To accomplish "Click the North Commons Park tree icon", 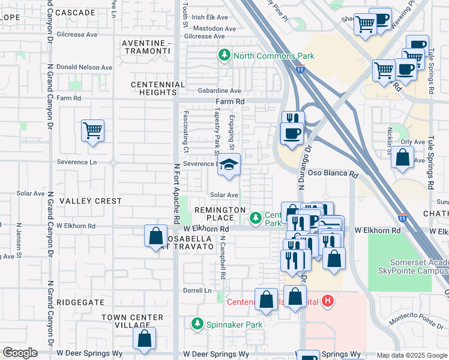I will coord(224,56).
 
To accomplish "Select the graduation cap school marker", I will coord(228,166).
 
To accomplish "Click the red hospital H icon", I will coord(327,300).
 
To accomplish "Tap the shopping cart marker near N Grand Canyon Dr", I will coord(92,130).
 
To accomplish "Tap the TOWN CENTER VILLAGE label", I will coord(132,321).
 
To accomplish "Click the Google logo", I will coord(20,353).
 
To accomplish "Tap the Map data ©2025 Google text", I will coord(411,355).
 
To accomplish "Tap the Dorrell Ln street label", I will coord(199,290).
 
